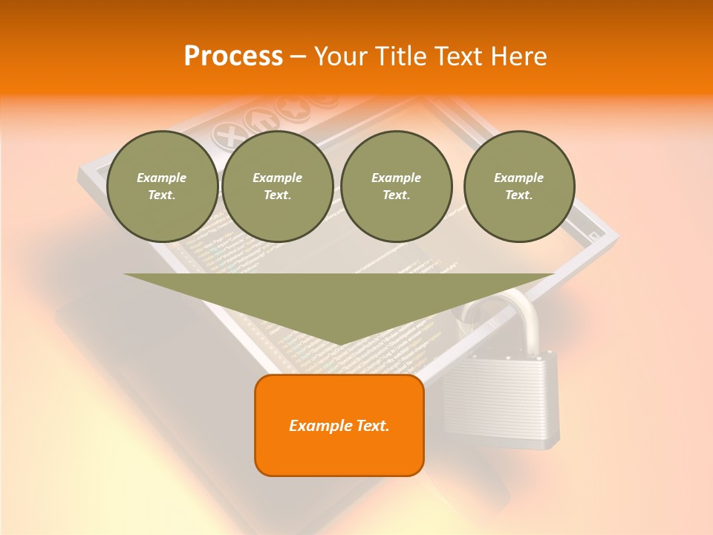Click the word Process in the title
pyautogui.click(x=233, y=56)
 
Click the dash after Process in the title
pyautogui.click(x=298, y=58)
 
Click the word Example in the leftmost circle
pyautogui.click(x=162, y=178)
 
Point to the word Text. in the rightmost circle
pyautogui.click(x=519, y=195)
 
